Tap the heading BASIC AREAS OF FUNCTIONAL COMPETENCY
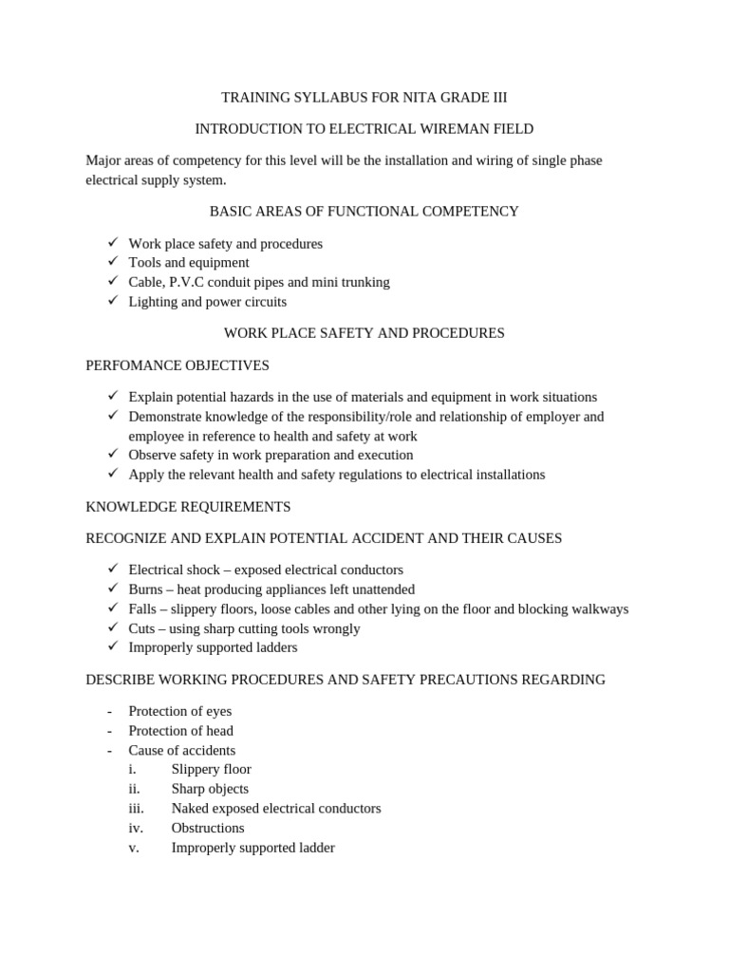pyautogui.click(x=364, y=212)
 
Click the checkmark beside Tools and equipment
pyautogui.click(x=112, y=262)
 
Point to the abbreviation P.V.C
pyautogui.click(x=196, y=282)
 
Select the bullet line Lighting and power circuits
pyautogui.click(x=207, y=302)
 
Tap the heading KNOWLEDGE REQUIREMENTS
pyautogui.click(x=188, y=507)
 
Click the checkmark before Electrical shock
pyautogui.click(x=112, y=570)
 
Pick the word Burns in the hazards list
pyautogui.click(x=146, y=589)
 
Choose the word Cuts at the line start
pyautogui.click(x=142, y=628)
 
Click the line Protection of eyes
pyautogui.click(x=179, y=711)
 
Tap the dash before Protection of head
pyautogui.click(x=110, y=731)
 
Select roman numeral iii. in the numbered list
pyautogui.click(x=136, y=809)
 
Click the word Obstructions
pyautogui.click(x=208, y=829)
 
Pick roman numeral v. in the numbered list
pyautogui.click(x=134, y=848)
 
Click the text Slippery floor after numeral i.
pyautogui.click(x=211, y=770)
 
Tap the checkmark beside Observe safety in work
pyautogui.click(x=112, y=455)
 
